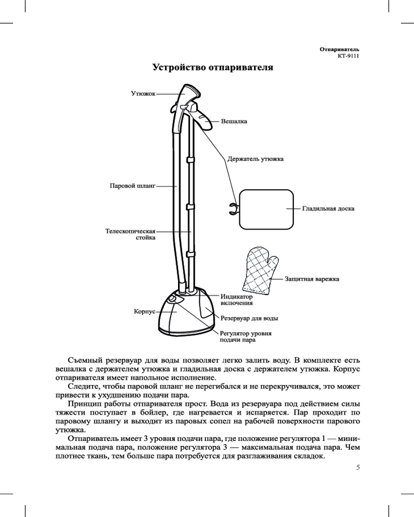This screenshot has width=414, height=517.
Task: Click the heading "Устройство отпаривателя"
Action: coord(212,68)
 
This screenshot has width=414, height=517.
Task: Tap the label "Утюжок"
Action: coord(142,94)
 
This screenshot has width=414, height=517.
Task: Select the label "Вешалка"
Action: coord(234,122)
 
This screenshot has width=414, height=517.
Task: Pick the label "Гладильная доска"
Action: coord(328,209)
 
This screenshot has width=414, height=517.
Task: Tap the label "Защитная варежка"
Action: coord(312,279)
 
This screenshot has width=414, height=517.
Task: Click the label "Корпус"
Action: coord(145,312)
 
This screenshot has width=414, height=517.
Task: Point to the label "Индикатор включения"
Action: coord(237,300)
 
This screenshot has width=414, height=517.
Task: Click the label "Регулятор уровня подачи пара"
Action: coord(246,337)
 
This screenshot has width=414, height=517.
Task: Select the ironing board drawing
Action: coord(267,208)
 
